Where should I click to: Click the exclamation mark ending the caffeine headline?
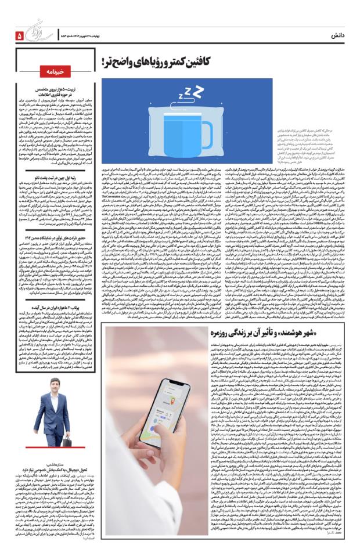click(x=106, y=63)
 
